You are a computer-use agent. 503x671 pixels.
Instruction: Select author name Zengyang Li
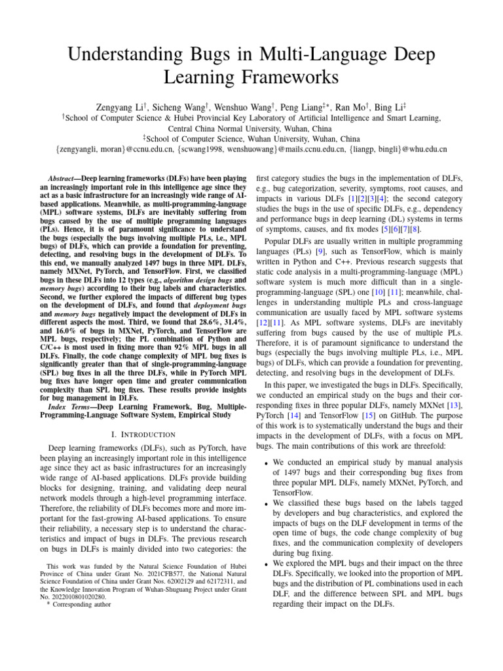tap(119, 106)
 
